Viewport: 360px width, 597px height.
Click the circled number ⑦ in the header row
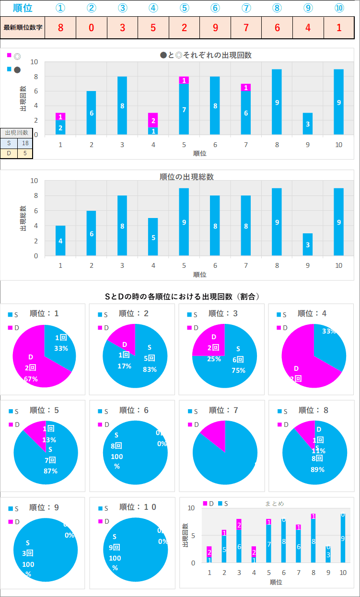[246, 8]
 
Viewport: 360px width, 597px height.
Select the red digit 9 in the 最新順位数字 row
[215, 27]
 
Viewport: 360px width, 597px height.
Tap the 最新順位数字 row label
[23, 27]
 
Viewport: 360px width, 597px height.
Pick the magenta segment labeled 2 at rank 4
[153, 120]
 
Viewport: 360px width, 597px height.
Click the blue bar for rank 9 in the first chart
[308, 124]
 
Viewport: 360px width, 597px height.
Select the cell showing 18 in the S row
[25, 143]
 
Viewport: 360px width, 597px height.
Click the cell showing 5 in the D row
[25, 153]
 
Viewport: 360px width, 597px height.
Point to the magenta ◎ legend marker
[9, 55]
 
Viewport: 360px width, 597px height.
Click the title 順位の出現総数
[186, 177]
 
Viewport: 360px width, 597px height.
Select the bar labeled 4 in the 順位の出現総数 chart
[60, 241]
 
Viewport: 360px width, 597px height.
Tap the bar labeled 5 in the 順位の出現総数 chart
[153, 237]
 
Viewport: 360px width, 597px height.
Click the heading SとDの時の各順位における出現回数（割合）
[182, 297]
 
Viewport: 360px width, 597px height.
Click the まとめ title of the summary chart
[274, 504]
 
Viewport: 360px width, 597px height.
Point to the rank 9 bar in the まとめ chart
[328, 554]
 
